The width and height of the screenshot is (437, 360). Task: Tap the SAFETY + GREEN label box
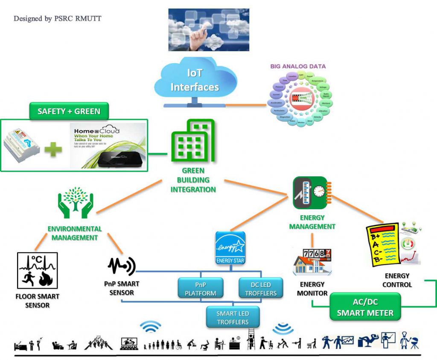pyautogui.click(x=69, y=111)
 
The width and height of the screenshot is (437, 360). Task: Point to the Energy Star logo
pyautogui.click(x=230, y=248)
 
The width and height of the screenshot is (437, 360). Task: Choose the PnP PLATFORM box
pyautogui.click(x=201, y=288)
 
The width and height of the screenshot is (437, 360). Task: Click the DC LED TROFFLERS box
pyautogui.click(x=260, y=288)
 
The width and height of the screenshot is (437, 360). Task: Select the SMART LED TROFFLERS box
pyautogui.click(x=233, y=318)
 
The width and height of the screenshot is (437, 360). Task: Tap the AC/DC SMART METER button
pyautogui.click(x=365, y=307)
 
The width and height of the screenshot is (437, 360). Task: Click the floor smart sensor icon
pyautogui.click(x=38, y=270)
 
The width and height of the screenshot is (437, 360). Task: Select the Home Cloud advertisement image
pyautogui.click(x=108, y=145)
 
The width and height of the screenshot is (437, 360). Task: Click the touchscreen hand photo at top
pyautogui.click(x=209, y=30)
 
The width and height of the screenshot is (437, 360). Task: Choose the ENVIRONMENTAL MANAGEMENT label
pyautogui.click(x=75, y=233)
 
